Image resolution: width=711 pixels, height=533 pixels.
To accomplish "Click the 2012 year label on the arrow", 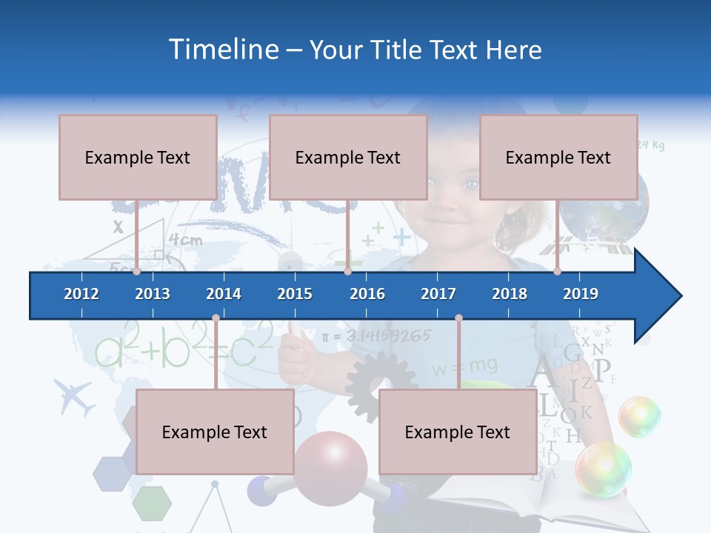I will [81, 294].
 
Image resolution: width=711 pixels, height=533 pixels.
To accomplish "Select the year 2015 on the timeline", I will [295, 294].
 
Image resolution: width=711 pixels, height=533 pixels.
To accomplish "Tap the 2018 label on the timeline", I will [510, 294].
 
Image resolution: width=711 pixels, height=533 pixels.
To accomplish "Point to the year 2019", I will [581, 294].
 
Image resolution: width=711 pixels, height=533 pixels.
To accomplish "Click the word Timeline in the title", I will [222, 50].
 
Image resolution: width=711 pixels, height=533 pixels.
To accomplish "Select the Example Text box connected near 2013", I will [138, 157].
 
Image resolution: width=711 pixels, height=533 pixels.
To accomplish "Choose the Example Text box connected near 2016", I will [348, 157].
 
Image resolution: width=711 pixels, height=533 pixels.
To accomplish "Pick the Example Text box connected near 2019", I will [558, 157].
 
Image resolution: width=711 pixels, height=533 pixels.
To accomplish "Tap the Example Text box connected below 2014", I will [215, 432].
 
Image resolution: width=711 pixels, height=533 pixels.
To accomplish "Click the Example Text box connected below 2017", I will [458, 432].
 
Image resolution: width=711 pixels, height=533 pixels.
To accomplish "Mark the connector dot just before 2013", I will [137, 272].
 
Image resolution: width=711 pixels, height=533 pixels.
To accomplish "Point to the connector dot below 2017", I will [458, 318].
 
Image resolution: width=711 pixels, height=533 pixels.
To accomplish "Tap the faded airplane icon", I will [74, 398].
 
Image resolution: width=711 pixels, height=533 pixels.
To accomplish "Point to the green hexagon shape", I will [152, 503].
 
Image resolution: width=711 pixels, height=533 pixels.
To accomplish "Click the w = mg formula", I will [465, 366].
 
